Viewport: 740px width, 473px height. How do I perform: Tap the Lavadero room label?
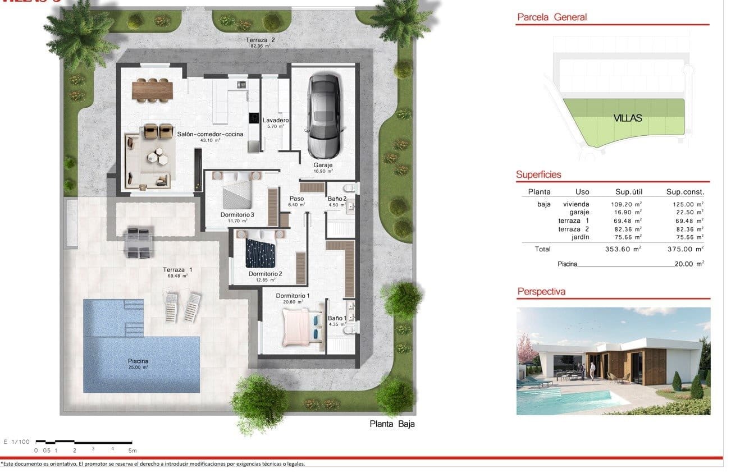[x=275, y=121]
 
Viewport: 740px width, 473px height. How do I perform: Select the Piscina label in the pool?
[x=138, y=361]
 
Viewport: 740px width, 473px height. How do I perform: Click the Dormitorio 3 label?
[x=237, y=214]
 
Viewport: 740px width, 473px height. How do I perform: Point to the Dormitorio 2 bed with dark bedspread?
[x=260, y=252]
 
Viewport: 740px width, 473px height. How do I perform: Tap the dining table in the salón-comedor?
[x=152, y=88]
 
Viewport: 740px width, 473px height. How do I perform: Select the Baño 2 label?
[x=337, y=199]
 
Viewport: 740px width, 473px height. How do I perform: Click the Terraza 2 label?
[x=260, y=40]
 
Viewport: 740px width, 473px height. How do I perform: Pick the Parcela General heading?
[x=551, y=17]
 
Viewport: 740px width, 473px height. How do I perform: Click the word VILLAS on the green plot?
[x=627, y=118]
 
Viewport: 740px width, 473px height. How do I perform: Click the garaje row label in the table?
[x=579, y=212]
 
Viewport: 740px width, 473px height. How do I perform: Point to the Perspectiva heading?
[x=541, y=291]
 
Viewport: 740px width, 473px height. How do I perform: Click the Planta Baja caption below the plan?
[x=392, y=424]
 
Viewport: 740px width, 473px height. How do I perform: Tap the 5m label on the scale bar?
[x=132, y=450]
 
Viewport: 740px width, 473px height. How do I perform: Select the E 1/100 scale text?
[x=16, y=442]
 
